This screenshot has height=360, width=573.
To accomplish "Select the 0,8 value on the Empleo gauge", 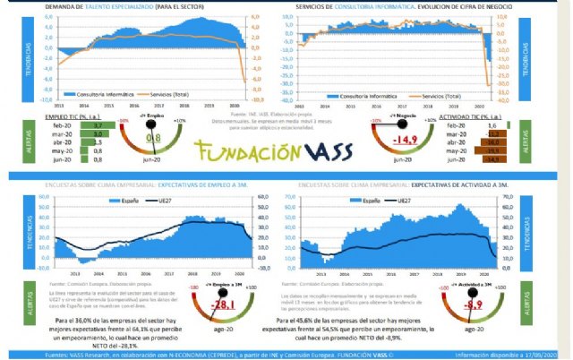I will coord(153,139).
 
